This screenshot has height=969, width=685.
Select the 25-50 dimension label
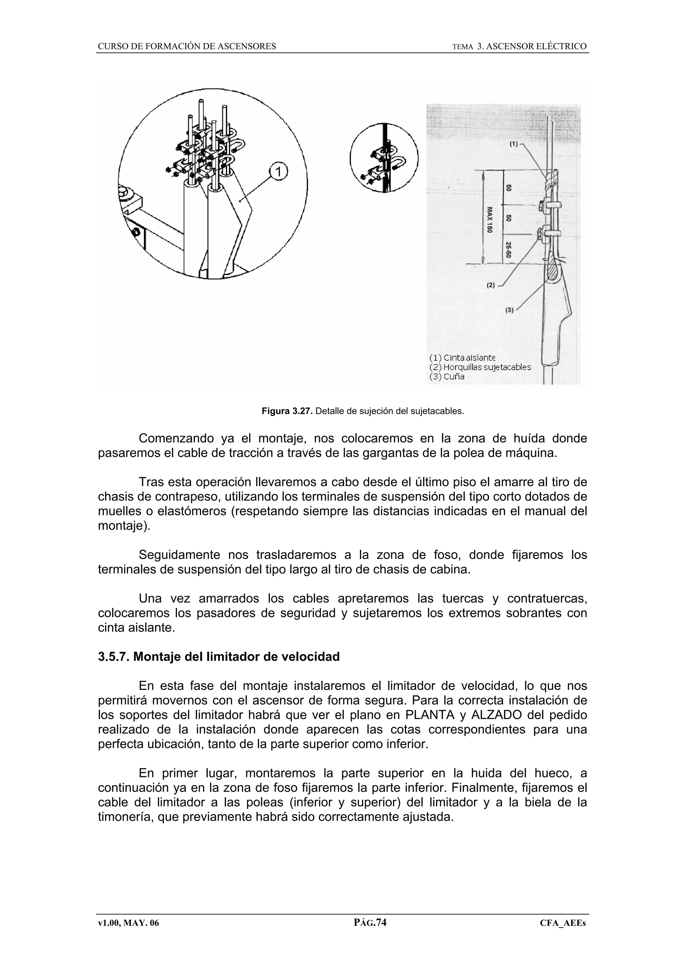[x=509, y=250]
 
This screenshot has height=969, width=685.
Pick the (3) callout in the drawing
[x=509, y=310]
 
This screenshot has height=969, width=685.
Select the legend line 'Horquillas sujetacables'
[x=479, y=367]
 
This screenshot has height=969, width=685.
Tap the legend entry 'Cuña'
[x=447, y=376]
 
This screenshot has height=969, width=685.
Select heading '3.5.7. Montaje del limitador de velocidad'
[x=219, y=657]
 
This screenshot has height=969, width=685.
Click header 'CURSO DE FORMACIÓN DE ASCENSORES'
[x=187, y=46]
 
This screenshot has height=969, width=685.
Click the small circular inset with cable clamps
[x=384, y=158]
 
